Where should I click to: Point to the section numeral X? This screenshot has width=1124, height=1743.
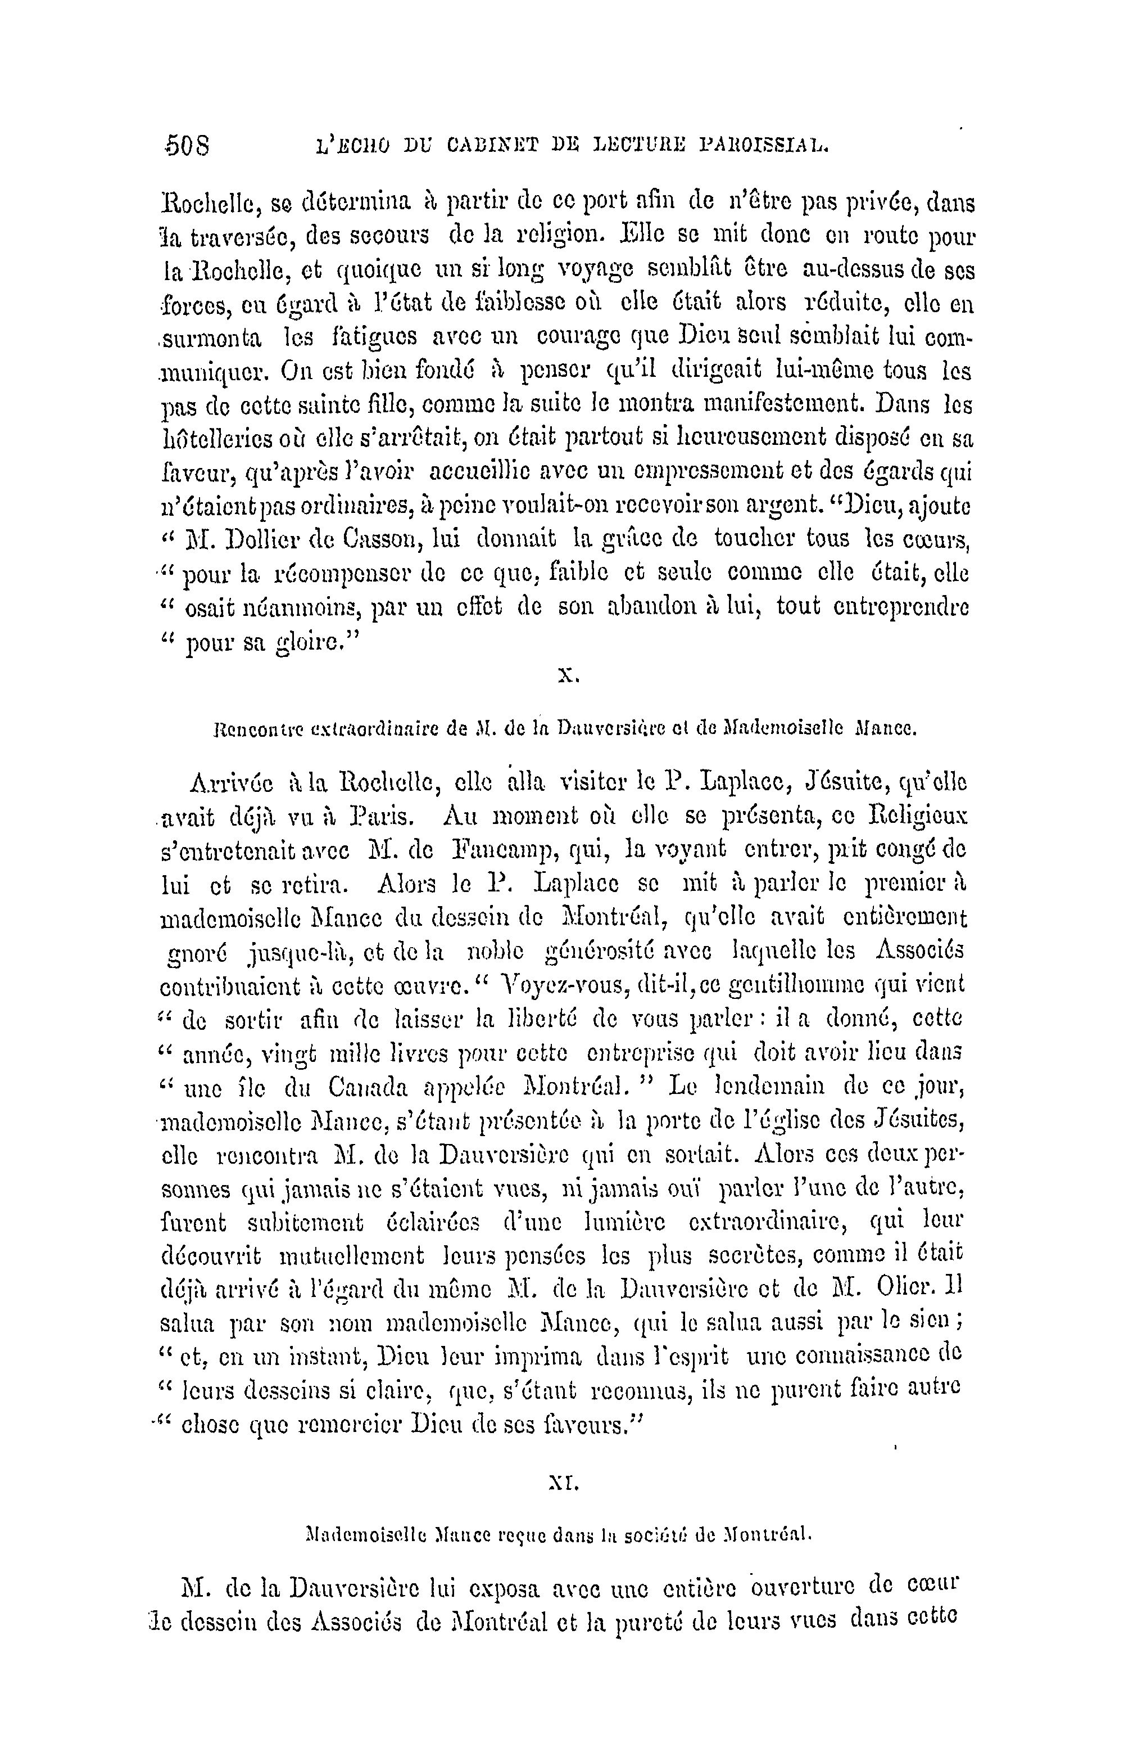pyautogui.click(x=568, y=676)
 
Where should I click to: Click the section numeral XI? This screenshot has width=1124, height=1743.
pyautogui.click(x=563, y=1483)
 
